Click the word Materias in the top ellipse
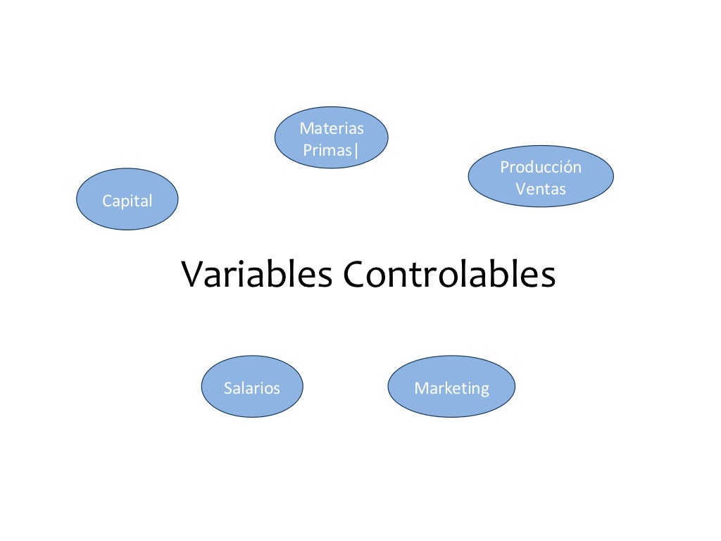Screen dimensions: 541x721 (x=332, y=128)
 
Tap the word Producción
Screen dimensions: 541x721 (x=541, y=167)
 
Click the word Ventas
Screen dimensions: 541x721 (x=541, y=189)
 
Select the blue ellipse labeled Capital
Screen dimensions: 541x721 (x=127, y=199)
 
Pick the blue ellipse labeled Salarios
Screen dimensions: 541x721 (x=252, y=387)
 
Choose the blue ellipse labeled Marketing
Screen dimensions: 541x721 (x=451, y=387)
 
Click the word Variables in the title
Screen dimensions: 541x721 (x=257, y=274)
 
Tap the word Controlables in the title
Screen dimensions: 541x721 (x=449, y=274)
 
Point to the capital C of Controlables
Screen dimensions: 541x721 (x=354, y=274)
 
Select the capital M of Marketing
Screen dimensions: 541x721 (x=420, y=388)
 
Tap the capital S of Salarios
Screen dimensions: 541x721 (x=228, y=388)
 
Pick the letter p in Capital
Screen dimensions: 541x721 (x=123, y=202)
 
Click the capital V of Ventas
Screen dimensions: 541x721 (x=520, y=189)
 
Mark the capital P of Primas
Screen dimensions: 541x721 (x=307, y=150)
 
